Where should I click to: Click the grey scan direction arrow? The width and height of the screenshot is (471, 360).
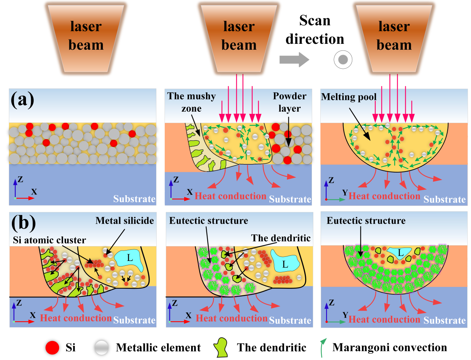(294, 59)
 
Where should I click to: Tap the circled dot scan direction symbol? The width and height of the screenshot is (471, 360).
(343, 59)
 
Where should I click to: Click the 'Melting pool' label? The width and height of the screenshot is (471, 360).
(349, 97)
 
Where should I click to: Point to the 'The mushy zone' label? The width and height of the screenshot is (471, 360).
(191, 102)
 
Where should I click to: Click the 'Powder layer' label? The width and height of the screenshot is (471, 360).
(290, 102)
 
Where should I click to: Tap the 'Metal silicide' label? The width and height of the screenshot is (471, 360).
(125, 220)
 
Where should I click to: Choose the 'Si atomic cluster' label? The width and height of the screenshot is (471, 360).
(49, 240)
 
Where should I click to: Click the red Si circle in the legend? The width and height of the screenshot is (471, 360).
(52, 348)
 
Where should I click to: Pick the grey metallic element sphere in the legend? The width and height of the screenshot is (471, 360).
(101, 348)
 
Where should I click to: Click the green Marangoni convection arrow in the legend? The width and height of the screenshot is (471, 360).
(323, 347)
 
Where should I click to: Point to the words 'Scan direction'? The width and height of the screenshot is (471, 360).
(315, 30)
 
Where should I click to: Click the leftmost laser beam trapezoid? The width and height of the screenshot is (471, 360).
(86, 37)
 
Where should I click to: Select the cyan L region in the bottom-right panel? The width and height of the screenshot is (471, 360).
(399, 253)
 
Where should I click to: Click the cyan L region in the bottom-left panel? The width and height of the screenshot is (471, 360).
(129, 259)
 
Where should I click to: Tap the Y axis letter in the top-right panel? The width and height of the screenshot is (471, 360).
(345, 193)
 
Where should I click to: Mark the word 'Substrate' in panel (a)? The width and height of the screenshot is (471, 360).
(134, 199)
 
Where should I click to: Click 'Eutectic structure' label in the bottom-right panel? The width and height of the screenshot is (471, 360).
(366, 220)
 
